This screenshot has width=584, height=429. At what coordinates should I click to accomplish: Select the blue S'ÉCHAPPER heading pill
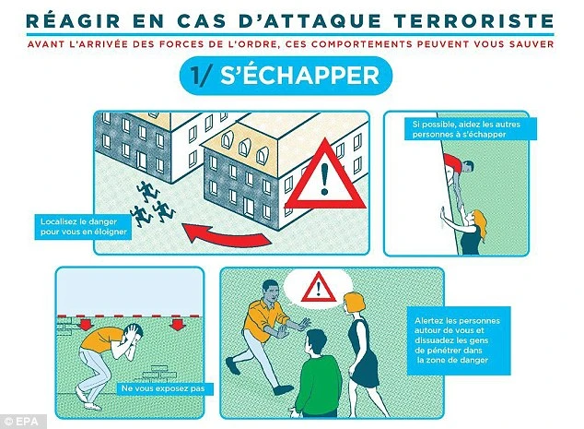tap(286, 76)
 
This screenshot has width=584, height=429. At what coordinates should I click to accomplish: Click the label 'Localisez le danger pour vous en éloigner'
tap(83, 227)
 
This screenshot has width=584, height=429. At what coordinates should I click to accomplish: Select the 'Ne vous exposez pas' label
tap(163, 388)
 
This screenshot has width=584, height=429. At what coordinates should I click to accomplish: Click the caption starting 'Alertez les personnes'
tap(458, 340)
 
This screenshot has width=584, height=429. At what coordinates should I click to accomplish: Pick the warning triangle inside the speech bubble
tap(319, 288)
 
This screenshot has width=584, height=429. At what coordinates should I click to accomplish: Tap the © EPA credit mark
tap(23, 422)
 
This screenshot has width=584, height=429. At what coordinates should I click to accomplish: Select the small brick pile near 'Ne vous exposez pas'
tap(158, 373)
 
